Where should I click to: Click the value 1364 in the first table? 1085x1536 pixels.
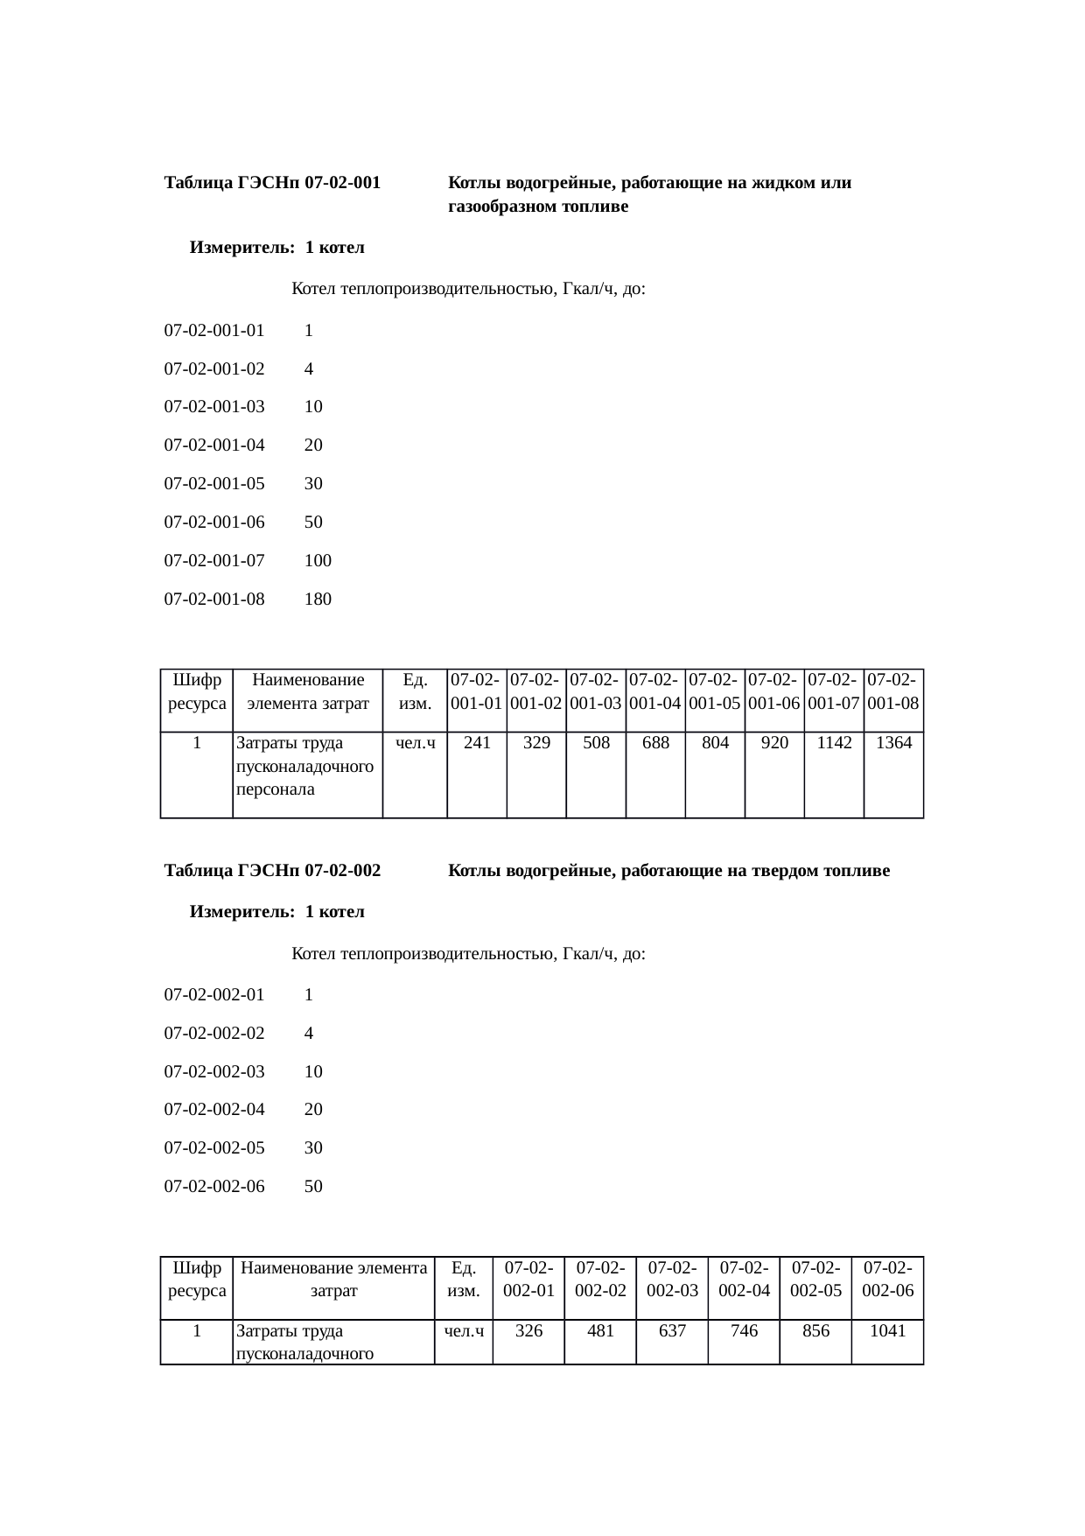tap(893, 743)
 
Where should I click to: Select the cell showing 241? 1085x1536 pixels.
tap(477, 743)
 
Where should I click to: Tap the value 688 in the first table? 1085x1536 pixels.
tap(655, 743)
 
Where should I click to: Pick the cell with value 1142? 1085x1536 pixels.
tap(834, 743)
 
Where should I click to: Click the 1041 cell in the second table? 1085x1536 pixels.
tap(887, 1331)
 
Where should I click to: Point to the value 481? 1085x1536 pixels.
tap(600, 1331)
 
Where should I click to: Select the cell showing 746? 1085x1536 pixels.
tap(744, 1331)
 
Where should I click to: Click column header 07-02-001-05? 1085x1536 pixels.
tap(715, 691)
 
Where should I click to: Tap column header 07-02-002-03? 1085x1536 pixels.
tap(672, 1279)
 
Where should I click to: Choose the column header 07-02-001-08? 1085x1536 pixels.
tap(893, 691)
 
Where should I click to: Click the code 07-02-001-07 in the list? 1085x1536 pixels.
tap(214, 560)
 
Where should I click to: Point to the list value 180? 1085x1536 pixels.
tap(318, 600)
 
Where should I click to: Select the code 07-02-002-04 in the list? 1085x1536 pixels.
tap(214, 1110)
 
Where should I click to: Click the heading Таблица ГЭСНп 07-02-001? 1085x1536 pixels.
tap(272, 184)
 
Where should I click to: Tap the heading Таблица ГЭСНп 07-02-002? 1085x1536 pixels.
tap(272, 871)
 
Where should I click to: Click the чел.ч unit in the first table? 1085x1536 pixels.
tap(416, 743)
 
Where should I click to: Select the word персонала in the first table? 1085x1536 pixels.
tap(275, 789)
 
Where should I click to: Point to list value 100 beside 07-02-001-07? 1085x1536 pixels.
tap(318, 560)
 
